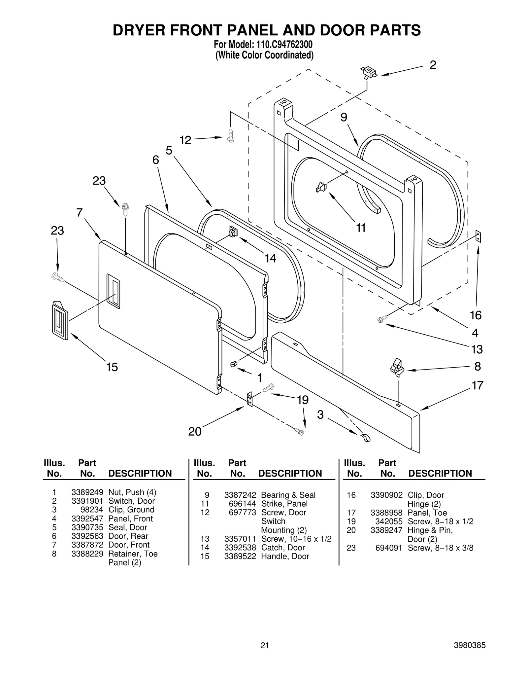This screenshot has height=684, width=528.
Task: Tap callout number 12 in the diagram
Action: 185,140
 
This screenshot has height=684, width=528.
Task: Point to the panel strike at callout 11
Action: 321,187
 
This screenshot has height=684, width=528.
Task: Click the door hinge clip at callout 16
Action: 478,236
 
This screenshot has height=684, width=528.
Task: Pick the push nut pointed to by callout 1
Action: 234,364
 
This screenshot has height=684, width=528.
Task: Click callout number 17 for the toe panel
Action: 477,385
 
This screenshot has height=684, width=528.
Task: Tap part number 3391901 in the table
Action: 87,501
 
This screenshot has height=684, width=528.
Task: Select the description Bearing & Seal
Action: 288,495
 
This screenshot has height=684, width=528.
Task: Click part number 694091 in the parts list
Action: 389,548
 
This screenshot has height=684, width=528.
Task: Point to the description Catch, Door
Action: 283,548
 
